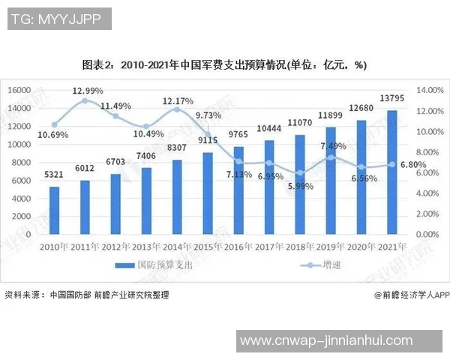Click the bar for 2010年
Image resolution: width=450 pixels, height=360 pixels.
[54, 211]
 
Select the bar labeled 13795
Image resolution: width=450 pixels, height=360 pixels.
[391, 172]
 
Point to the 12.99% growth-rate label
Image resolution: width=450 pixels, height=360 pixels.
[88, 91]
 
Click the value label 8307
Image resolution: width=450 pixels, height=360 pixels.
[177, 148]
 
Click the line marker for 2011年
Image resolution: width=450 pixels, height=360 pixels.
[85, 100]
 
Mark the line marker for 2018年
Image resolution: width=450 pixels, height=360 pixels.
[299, 172]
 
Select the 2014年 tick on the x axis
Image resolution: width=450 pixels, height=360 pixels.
[177, 245]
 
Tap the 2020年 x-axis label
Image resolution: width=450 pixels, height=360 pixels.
[361, 245]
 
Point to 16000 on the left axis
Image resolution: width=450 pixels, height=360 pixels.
[20, 90]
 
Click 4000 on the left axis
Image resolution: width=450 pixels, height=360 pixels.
[23, 198]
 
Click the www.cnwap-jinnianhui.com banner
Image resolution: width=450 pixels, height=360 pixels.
[343, 342]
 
